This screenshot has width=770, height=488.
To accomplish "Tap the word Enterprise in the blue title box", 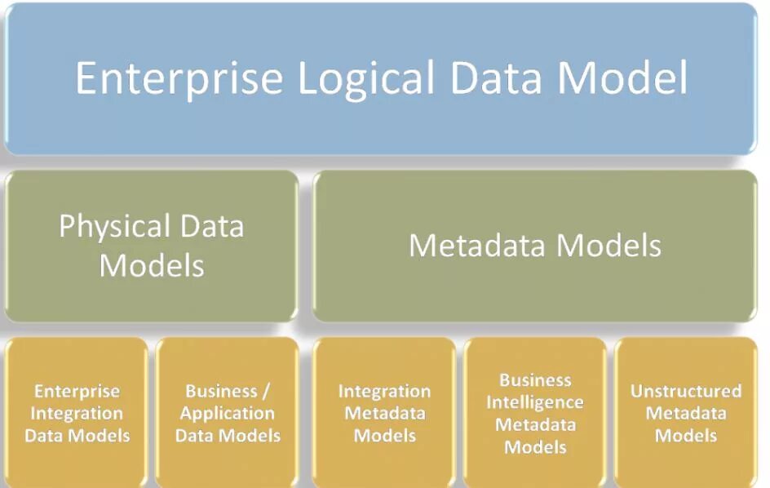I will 179,78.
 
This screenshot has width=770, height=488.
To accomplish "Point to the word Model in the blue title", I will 622,78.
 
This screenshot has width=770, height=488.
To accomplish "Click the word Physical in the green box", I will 114,226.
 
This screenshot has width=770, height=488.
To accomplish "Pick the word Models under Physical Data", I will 152,265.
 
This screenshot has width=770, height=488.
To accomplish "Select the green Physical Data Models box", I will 152,246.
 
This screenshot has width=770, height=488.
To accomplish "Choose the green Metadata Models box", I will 535,246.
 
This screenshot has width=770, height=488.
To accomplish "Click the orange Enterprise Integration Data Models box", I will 77,412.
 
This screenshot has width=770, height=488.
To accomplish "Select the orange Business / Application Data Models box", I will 228,412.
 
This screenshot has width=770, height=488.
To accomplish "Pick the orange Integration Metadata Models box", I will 384,412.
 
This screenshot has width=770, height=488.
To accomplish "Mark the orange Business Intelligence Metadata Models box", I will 535,412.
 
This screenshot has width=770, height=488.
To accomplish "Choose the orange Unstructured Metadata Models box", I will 686,412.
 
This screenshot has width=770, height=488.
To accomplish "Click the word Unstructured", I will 686,391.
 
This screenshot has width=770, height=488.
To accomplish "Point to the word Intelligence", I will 535,402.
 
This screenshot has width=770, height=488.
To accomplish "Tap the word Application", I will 228,413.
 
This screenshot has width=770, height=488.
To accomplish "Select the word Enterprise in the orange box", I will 77,392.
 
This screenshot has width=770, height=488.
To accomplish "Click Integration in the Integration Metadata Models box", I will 384,392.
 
